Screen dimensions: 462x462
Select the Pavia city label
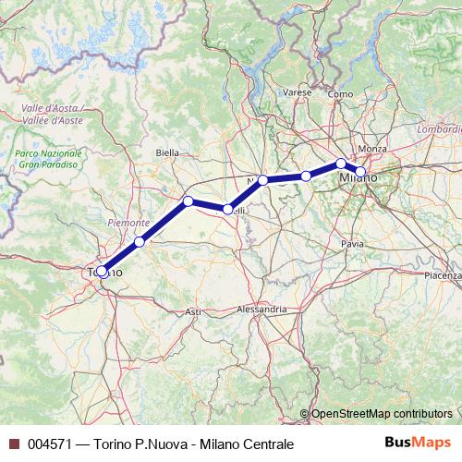point(352,244)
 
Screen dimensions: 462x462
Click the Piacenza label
point(443,276)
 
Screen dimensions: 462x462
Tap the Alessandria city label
point(261,309)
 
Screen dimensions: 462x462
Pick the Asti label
point(193,312)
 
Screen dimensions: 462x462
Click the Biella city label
point(168,152)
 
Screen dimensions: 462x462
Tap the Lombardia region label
point(440,130)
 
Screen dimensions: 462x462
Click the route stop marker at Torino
point(102,272)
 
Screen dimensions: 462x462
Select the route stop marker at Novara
point(263,180)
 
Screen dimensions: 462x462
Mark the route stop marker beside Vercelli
point(227,209)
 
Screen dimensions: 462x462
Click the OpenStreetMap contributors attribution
point(382,414)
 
